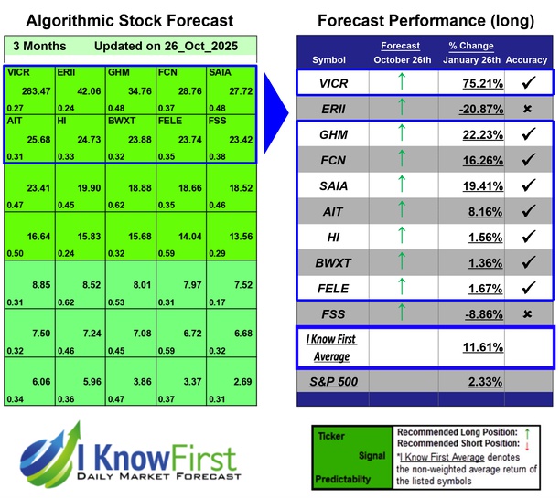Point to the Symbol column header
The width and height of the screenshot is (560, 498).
[329, 60]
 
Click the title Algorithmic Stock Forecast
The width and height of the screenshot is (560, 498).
[128, 20]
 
